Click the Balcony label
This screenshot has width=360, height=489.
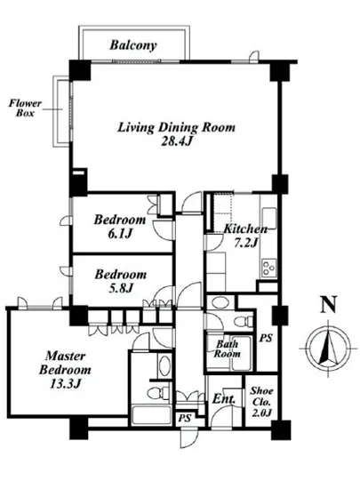pyautogui.click(x=132, y=45)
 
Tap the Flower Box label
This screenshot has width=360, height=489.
pyautogui.click(x=25, y=108)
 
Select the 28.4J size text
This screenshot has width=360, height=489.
pyautogui.click(x=176, y=141)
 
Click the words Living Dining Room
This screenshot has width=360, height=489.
pyautogui.click(x=176, y=127)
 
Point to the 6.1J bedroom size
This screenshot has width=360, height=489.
pyautogui.click(x=120, y=234)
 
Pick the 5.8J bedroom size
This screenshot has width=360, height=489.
pyautogui.click(x=121, y=288)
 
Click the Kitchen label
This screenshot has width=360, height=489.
pyautogui.click(x=245, y=229)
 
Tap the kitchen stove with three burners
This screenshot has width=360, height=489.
pyautogui.click(x=268, y=268)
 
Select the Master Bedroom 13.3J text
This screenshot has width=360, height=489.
pyautogui.click(x=65, y=370)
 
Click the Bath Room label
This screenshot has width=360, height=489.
pyautogui.click(x=227, y=349)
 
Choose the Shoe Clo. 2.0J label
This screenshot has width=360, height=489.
pyautogui.click(x=262, y=402)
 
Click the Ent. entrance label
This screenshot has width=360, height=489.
pyautogui.click(x=223, y=399)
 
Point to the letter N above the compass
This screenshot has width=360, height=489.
pyautogui.click(x=329, y=304)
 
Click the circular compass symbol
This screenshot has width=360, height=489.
pyautogui.click(x=328, y=348)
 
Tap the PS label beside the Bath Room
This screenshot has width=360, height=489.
pyautogui.click(x=266, y=338)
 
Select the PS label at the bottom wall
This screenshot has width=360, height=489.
pyautogui.click(x=185, y=418)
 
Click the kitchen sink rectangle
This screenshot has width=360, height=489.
pyautogui.click(x=268, y=218)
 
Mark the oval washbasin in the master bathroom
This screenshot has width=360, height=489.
pyautogui.click(x=164, y=365)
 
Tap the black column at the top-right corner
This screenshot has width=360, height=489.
pyautogui.click(x=280, y=71)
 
